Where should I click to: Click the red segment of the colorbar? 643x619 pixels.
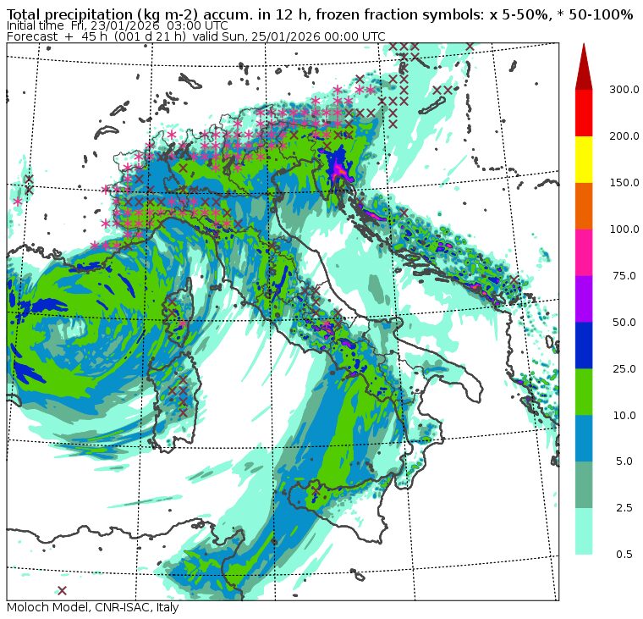point(584,113)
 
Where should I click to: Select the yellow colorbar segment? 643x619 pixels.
point(584,159)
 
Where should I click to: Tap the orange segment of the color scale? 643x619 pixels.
point(584,206)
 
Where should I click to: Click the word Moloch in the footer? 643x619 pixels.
point(27,608)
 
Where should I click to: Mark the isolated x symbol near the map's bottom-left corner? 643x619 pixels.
point(62,590)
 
